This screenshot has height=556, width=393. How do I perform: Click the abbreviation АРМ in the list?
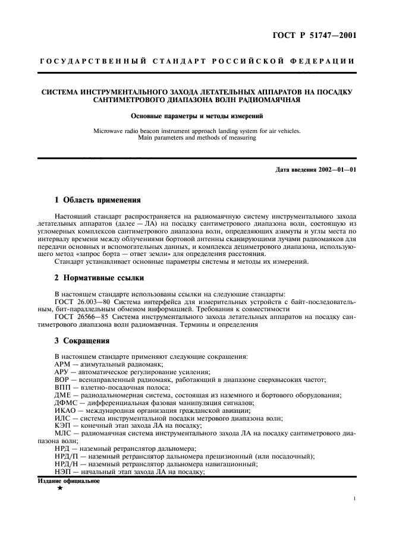pos(62,364)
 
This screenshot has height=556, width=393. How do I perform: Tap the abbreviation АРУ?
pos(62,372)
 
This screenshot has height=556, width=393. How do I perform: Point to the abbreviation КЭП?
pos(62,426)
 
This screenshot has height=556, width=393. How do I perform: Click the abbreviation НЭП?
pos(63,472)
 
